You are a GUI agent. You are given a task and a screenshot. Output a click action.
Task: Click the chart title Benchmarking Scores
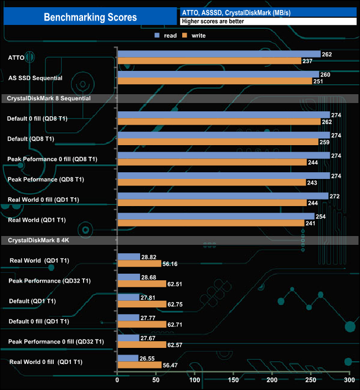point(90,17)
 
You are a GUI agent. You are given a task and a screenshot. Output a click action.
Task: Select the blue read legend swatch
point(158,35)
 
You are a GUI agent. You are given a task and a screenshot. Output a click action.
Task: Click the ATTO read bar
point(219,54)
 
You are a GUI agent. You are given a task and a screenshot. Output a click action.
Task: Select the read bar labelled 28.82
point(128,257)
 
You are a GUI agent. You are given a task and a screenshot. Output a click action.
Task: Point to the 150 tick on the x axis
point(233,381)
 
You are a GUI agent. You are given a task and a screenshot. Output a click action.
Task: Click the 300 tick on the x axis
point(349,381)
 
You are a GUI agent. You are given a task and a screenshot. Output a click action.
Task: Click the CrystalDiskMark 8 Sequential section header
point(49,98)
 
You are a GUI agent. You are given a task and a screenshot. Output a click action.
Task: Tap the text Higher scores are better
point(213,22)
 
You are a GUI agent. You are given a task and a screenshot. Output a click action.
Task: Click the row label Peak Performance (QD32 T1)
point(50,281)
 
